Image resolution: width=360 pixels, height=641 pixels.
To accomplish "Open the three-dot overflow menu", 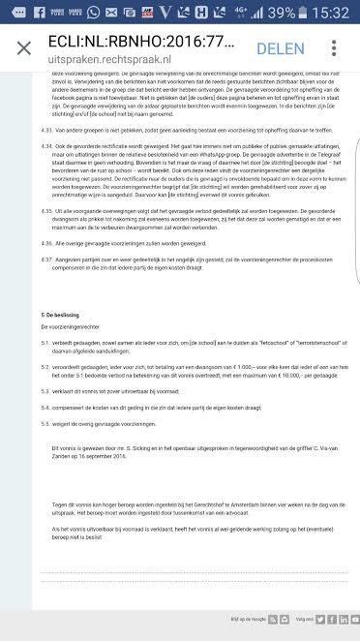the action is point(334,48).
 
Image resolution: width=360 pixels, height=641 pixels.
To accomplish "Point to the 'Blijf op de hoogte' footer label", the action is point(245,618).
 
